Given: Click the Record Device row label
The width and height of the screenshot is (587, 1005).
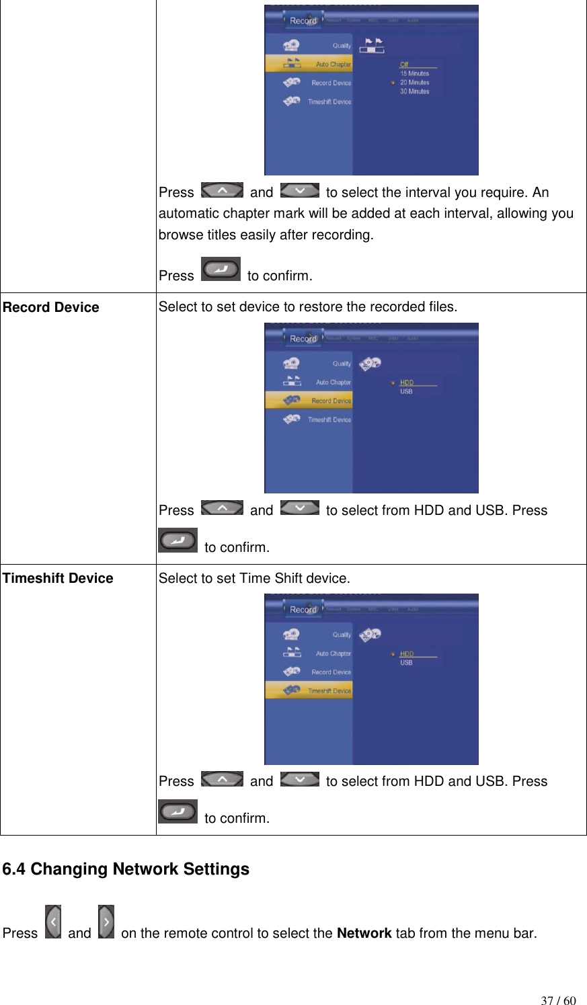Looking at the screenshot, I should [51, 307].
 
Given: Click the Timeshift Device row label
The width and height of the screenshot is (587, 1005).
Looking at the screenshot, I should [58, 578].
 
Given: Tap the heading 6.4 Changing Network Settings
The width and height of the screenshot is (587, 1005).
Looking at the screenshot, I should [126, 869].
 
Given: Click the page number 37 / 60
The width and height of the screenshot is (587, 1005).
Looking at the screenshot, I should [558, 1000].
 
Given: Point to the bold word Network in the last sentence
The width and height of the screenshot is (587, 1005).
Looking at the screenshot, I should [364, 933].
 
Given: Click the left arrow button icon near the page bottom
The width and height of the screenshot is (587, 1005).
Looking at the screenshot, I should [53, 922].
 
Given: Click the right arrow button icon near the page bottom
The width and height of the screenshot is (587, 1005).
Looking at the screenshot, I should [106, 922].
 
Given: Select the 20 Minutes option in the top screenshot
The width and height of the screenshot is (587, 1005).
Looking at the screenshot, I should [414, 83].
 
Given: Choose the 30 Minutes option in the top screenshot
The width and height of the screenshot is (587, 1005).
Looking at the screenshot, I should [414, 91].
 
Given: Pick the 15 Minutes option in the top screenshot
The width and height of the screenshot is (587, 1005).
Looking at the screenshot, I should [414, 74].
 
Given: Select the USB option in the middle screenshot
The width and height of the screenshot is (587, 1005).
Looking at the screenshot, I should [407, 391].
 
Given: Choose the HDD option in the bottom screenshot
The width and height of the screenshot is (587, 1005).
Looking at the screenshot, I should [407, 653].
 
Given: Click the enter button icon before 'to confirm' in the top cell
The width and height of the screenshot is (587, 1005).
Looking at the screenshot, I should [221, 269].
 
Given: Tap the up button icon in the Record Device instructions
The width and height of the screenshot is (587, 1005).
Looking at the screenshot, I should [222, 508].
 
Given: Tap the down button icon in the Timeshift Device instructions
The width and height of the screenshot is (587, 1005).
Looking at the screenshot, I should [300, 779].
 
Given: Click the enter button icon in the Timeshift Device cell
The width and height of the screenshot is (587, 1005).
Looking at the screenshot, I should [178, 811].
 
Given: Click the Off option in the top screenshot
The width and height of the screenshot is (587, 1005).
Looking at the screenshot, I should [404, 65].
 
